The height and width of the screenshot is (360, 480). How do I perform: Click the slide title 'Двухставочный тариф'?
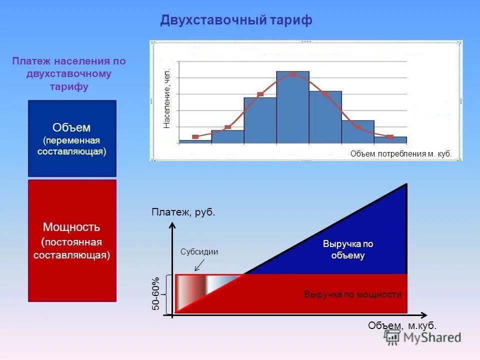tap(236, 20)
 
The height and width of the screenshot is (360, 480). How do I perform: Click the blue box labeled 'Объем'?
tap(72, 138)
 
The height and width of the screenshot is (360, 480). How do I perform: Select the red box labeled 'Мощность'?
tap(72, 240)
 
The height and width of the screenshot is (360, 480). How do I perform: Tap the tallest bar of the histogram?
tap(292, 107)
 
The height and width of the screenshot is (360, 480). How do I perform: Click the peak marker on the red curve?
tap(292, 74)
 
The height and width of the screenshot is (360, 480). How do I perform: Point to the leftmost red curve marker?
tap(195, 136)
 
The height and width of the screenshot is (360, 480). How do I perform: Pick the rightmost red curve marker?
tap(390, 136)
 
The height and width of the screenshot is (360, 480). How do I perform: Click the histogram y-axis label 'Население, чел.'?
tap(167, 99)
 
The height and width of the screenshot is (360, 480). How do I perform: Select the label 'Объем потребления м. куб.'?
tap(400, 154)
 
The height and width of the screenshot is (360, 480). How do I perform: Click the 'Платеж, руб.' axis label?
tap(183, 212)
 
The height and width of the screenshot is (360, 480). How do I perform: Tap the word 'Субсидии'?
tap(199, 251)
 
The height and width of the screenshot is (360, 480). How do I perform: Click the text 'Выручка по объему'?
tap(348, 249)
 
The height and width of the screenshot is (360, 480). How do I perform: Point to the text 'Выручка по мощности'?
tap(352, 294)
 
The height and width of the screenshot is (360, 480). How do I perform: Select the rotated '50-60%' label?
tap(155, 293)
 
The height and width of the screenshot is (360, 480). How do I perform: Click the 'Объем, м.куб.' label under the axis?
tap(402, 325)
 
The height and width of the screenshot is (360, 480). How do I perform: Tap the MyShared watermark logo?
tap(423, 337)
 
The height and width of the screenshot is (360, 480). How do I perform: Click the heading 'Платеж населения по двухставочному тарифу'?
tap(69, 74)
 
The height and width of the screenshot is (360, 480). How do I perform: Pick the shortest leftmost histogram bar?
tap(195, 141)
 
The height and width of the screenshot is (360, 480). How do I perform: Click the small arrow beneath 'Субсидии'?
tap(197, 262)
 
